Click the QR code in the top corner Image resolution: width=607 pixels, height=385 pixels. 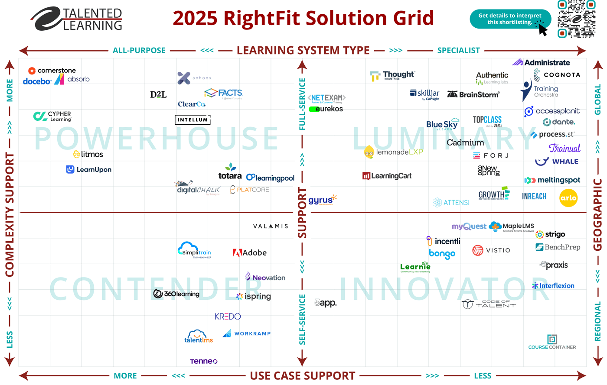tap(576, 19)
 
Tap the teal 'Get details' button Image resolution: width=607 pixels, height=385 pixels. tap(510, 19)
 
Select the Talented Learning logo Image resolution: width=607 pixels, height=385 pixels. tap(77, 19)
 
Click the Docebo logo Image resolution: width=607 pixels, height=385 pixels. tap(37, 81)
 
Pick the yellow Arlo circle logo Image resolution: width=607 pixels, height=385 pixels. tap(568, 198)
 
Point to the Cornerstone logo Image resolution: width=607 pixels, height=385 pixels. tap(52, 71)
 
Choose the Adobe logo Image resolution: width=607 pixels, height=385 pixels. tap(250, 252)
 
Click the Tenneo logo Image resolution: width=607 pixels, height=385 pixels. tap(204, 361)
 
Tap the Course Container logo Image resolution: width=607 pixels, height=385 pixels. tap(552, 342)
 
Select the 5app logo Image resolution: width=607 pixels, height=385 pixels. tap(325, 303)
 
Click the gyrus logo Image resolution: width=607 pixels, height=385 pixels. tap(322, 200)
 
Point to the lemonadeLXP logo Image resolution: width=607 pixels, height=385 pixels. tap(393, 152)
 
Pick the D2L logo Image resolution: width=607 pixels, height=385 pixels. tap(158, 94)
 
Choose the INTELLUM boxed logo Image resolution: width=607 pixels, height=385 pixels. tap(193, 120)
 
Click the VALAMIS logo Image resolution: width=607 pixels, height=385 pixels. tap(271, 226)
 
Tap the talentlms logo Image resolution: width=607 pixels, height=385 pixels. tap(199, 336)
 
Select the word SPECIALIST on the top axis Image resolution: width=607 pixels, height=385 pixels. tap(458, 51)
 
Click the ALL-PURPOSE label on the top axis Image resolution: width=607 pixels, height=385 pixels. tap(139, 51)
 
